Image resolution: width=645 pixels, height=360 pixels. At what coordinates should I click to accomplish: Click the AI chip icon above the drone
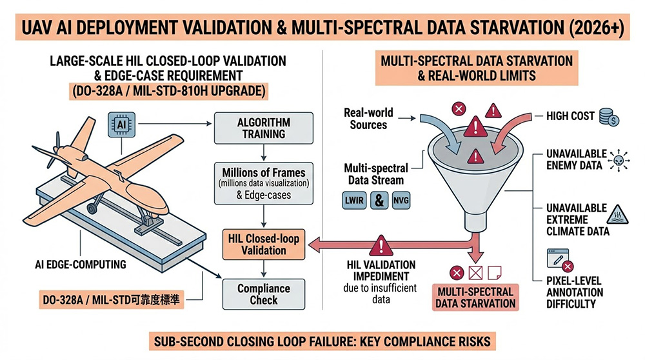pyautogui.click(x=121, y=123)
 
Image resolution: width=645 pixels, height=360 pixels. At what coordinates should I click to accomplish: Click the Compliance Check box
pyautogui.click(x=263, y=294)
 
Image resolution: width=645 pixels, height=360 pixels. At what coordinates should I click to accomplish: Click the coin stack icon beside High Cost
pyautogui.click(x=608, y=117)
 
